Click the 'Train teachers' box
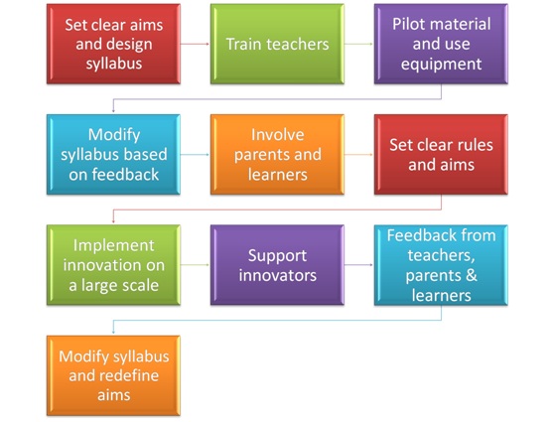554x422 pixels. [277, 44]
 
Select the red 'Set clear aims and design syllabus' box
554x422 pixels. [113, 44]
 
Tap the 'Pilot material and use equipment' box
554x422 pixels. [441, 44]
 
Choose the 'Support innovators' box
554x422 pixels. [277, 265]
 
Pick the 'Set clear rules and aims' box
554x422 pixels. [441, 155]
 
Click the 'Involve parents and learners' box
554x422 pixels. [277, 155]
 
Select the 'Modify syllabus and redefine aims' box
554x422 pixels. [113, 375]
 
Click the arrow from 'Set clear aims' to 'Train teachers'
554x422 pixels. [196, 44]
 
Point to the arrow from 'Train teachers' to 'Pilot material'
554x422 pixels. [359, 44]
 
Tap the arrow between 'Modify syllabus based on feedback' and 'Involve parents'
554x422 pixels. [196, 155]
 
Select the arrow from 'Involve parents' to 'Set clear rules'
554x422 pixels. [359, 155]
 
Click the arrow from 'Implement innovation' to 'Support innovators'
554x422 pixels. [196, 265]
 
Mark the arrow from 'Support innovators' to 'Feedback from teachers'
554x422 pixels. [359, 265]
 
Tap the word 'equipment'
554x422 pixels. [441, 65]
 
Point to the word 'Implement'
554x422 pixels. [113, 245]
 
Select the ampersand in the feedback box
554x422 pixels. [472, 275]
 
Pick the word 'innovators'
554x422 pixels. [277, 275]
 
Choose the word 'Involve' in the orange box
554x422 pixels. [277, 135]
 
